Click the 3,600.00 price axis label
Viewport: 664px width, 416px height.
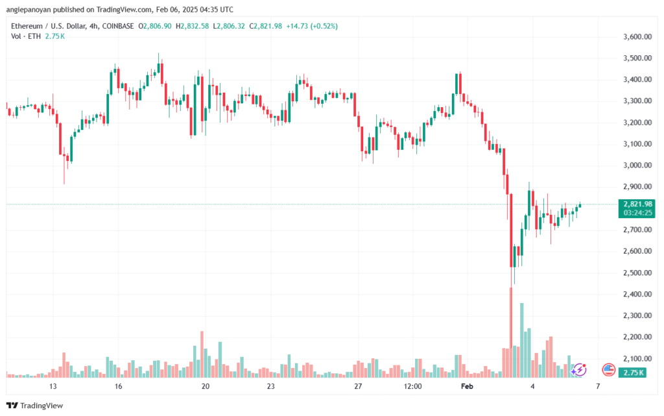(x=637, y=37)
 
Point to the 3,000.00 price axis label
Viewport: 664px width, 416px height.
(x=637, y=165)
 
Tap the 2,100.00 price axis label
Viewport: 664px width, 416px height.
(x=637, y=358)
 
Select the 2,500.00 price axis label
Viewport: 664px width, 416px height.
(x=637, y=273)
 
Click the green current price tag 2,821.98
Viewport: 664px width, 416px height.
(x=637, y=204)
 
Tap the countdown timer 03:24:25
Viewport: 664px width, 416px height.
(x=637, y=213)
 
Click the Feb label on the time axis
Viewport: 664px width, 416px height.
(x=466, y=386)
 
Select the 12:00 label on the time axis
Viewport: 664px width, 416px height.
(x=413, y=386)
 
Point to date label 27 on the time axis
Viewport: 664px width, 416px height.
(x=357, y=386)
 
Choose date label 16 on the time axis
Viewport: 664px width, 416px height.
(x=118, y=386)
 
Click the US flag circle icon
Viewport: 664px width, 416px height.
(x=608, y=370)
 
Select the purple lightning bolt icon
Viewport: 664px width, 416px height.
(x=580, y=369)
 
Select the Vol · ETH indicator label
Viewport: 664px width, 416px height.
(x=25, y=36)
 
